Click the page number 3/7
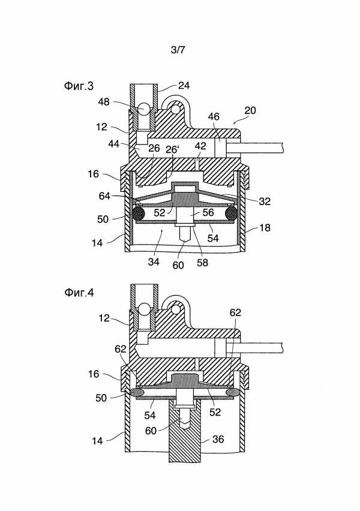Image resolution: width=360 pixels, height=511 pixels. point(178,50)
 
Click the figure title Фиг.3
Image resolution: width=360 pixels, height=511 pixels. point(79,86)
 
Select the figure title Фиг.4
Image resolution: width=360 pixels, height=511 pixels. point(79,293)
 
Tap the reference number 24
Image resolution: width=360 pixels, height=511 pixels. point(184,85)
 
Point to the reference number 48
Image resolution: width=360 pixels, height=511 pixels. point(104,102)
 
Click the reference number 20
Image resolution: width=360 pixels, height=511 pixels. point(250,110)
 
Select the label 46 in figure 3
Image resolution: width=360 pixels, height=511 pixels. point(214,117)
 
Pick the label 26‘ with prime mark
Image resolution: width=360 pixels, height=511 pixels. point(173,149)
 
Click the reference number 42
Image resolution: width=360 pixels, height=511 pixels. point(200,146)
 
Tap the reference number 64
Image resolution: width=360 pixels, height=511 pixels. point(105,196)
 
